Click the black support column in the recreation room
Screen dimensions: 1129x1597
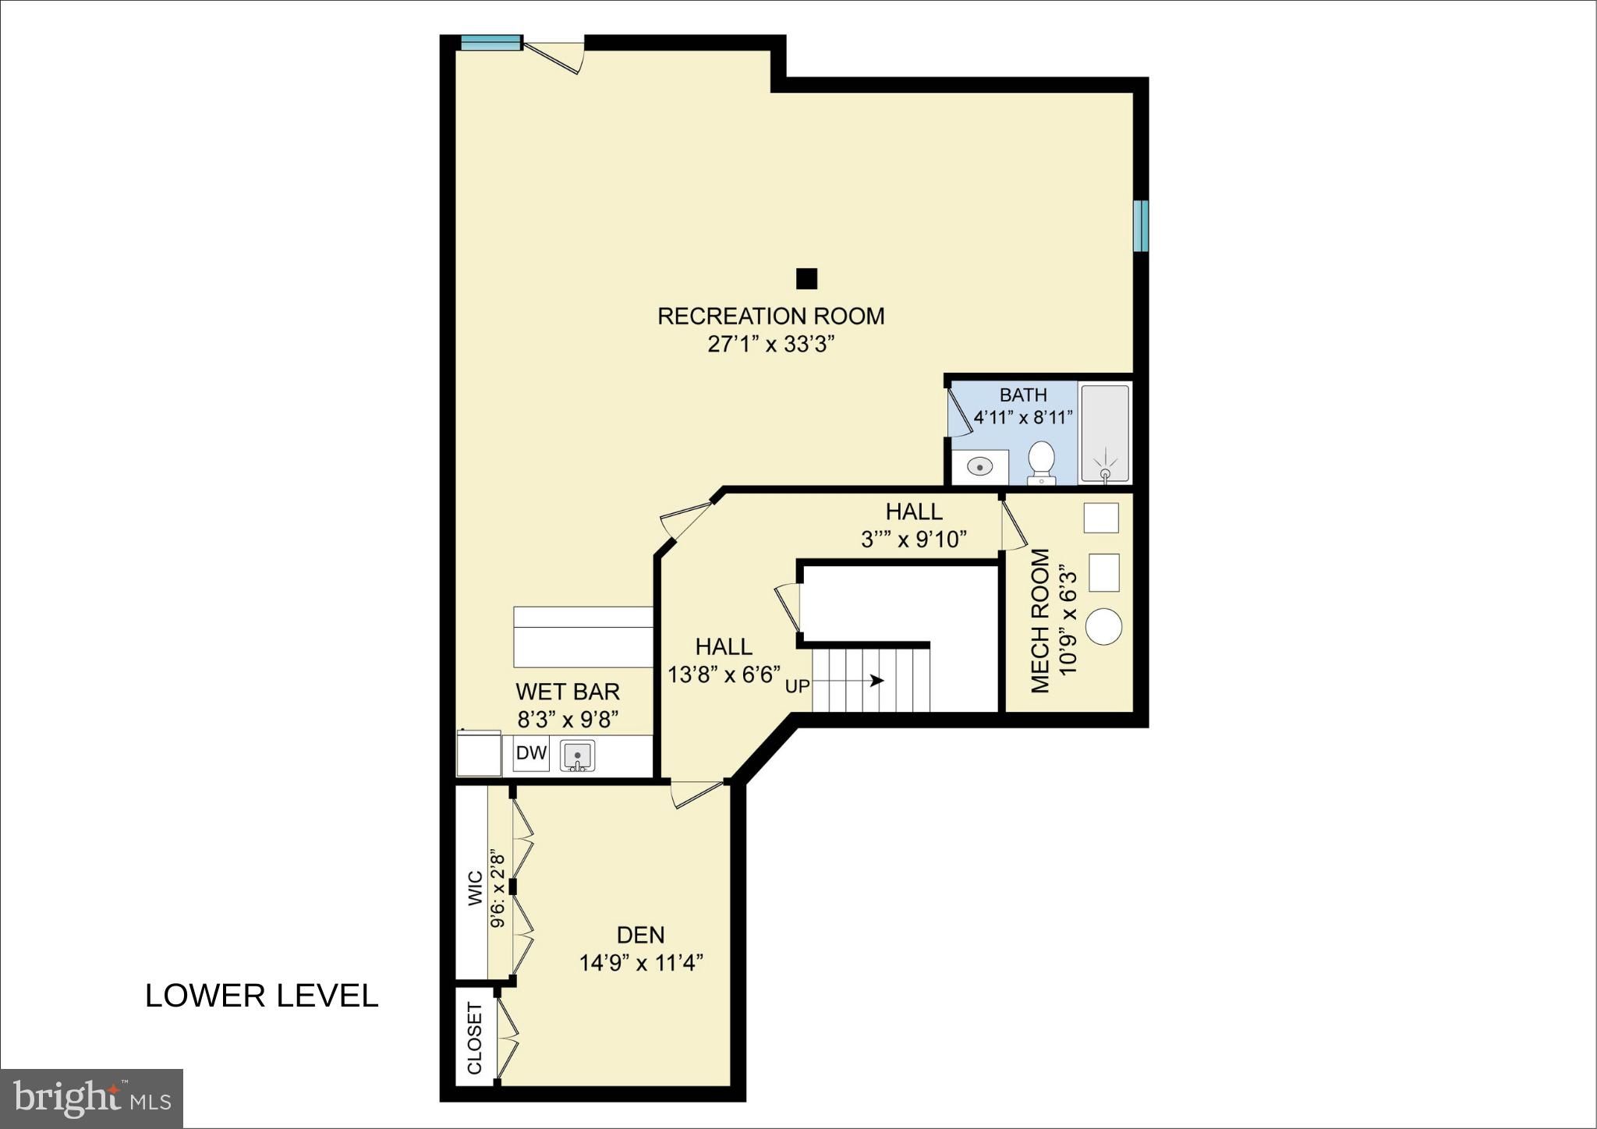pyautogui.click(x=806, y=278)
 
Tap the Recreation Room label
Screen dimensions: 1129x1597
pyautogui.click(x=770, y=316)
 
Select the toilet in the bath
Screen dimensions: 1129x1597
pyautogui.click(x=1041, y=461)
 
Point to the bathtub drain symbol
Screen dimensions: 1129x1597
pyautogui.click(x=1105, y=473)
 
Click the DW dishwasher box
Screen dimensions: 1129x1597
pyautogui.click(x=531, y=754)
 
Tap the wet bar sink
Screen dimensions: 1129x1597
pyautogui.click(x=578, y=755)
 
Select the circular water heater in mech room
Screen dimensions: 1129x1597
pyautogui.click(x=1103, y=626)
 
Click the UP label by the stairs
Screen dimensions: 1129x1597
pyautogui.click(x=797, y=687)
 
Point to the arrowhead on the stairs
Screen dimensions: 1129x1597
pyautogui.click(x=878, y=681)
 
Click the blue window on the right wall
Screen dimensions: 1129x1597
pyautogui.click(x=1141, y=225)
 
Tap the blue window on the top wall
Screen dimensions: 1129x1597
pyautogui.click(x=490, y=42)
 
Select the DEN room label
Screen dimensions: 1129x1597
pyautogui.click(x=640, y=935)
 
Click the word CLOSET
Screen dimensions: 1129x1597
pyautogui.click(x=475, y=1038)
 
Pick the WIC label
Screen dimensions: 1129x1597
pyautogui.click(x=475, y=889)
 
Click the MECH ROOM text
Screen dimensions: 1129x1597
pyautogui.click(x=1041, y=621)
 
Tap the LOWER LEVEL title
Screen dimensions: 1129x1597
pyautogui.click(x=261, y=996)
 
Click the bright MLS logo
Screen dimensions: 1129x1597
pyautogui.click(x=92, y=1099)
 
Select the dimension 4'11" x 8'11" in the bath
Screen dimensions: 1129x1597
pyautogui.click(x=1023, y=417)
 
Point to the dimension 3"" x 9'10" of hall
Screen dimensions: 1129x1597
pyautogui.click(x=914, y=539)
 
